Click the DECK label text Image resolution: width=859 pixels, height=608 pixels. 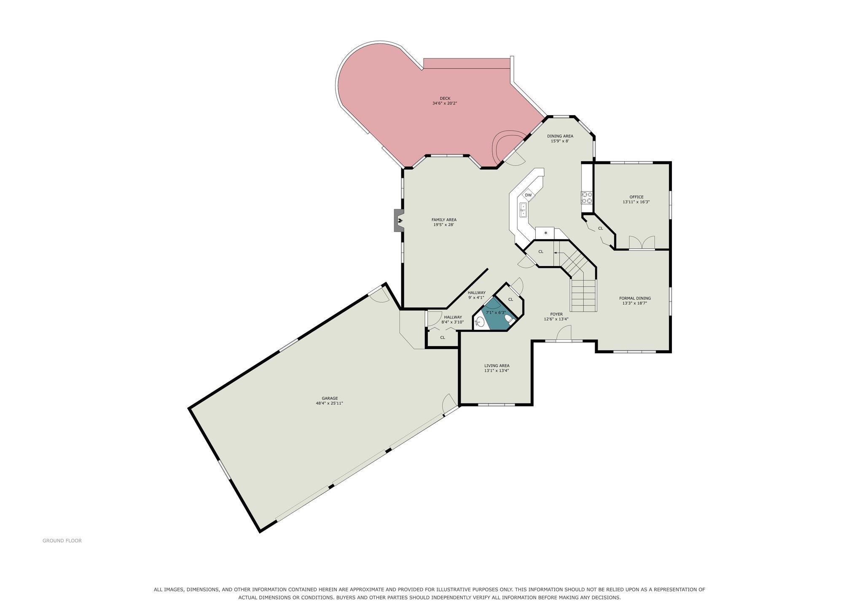(x=445, y=98)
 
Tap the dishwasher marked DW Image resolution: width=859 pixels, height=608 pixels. (x=528, y=195)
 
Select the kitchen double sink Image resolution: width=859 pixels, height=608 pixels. (x=523, y=210)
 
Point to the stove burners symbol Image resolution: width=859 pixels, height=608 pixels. (x=587, y=198)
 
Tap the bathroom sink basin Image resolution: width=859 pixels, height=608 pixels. (x=480, y=322)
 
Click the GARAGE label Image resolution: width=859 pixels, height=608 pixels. (x=330, y=398)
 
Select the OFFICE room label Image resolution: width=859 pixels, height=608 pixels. (x=636, y=197)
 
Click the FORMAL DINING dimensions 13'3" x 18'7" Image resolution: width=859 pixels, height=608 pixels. (x=634, y=303)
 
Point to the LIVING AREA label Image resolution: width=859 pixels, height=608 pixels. (x=497, y=366)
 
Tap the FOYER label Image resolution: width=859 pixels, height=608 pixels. (x=556, y=314)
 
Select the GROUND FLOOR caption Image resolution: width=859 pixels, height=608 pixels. (x=62, y=541)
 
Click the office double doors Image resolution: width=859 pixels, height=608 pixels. (x=642, y=242)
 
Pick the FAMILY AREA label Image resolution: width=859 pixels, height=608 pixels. (x=444, y=220)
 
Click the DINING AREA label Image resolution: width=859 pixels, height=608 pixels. (x=560, y=136)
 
